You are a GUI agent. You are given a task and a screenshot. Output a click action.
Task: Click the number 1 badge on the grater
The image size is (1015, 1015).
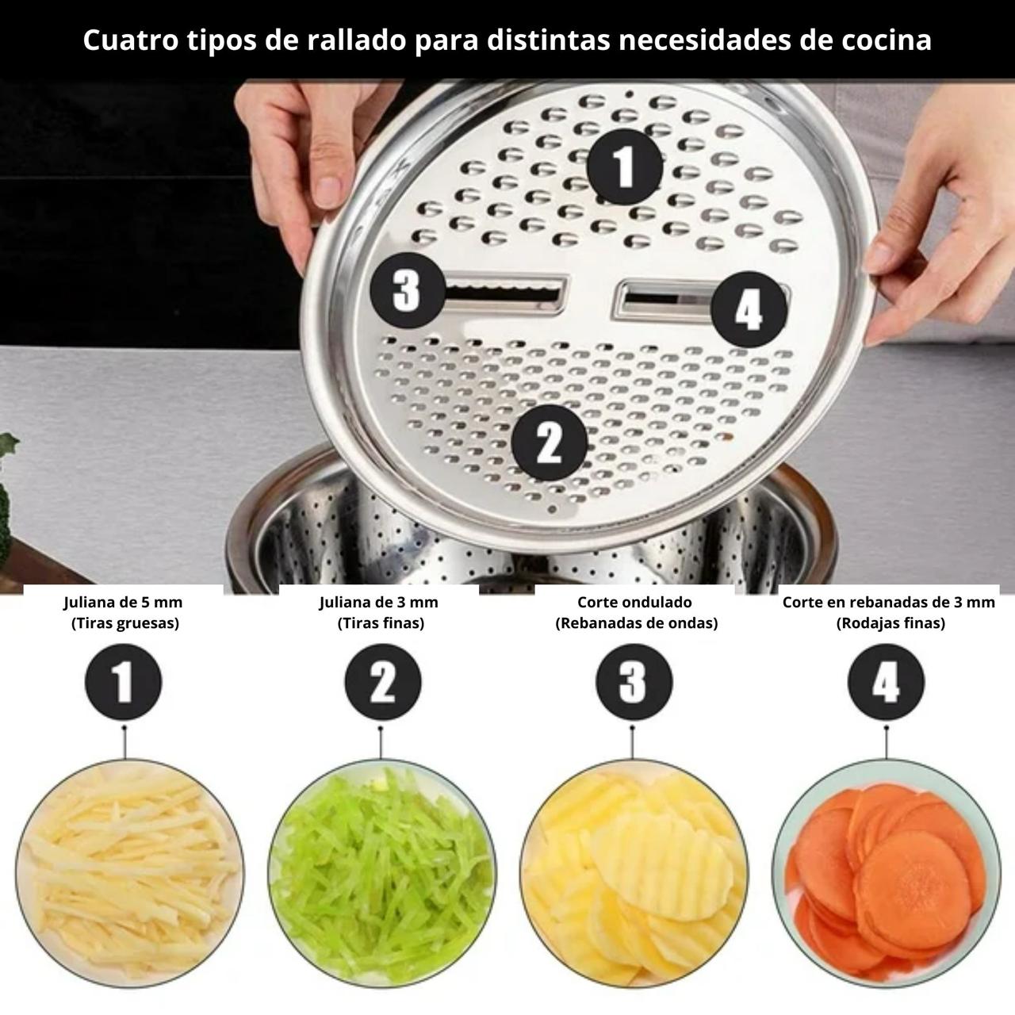coord(625,167)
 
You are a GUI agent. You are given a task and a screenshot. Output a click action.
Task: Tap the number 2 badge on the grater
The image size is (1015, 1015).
coord(549,442)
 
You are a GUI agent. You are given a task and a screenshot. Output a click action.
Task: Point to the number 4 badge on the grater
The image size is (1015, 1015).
coord(749,309)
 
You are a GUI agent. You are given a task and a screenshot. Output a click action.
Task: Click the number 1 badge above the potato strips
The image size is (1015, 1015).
coord(123,682)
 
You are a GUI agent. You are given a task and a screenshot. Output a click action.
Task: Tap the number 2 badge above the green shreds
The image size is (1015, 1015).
coord(383,682)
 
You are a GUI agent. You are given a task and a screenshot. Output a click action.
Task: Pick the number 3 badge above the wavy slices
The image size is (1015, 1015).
coord(634,682)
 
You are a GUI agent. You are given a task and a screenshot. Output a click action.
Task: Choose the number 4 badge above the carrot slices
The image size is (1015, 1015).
coord(886,682)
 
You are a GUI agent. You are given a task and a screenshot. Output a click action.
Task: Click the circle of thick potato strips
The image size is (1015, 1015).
coord(129,874)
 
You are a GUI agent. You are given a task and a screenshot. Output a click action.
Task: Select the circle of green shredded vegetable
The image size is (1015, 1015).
coord(382,874)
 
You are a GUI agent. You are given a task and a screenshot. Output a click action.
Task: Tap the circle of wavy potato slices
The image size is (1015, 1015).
coord(634,874)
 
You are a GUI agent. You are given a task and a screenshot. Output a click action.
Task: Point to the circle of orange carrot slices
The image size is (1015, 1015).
coord(886,874)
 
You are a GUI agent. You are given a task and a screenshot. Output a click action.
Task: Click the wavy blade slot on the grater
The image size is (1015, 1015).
coord(506,294)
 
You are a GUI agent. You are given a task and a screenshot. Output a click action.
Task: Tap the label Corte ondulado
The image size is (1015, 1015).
coord(634,602)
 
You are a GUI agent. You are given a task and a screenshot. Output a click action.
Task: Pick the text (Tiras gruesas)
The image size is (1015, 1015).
coord(125,623)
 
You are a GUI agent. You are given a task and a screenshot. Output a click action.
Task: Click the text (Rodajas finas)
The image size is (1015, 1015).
coord(891,623)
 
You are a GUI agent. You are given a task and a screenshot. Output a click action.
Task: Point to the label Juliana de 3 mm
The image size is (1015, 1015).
coord(379,602)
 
